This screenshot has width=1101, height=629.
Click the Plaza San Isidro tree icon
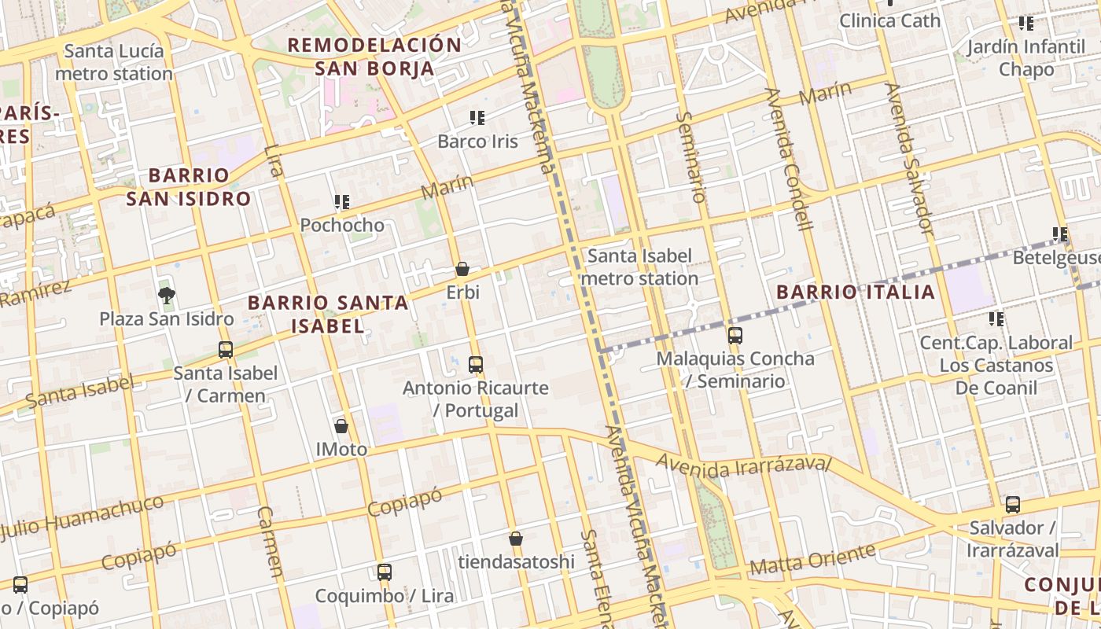point(166,296)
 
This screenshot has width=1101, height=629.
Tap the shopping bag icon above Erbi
point(462,269)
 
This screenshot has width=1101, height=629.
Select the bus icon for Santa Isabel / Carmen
point(226,350)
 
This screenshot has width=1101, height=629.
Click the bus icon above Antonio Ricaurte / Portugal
point(476,365)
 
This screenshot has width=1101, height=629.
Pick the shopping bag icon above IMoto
point(341,426)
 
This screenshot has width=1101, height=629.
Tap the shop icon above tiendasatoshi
point(516,539)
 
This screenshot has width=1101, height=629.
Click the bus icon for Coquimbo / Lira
point(385,572)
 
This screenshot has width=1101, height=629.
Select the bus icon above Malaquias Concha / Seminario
point(735,336)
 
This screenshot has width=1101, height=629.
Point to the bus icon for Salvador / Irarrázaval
point(1013,505)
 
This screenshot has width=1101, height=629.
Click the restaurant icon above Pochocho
point(341,202)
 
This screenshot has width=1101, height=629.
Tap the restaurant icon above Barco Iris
point(477,118)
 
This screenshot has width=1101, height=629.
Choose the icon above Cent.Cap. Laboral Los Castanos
point(996,319)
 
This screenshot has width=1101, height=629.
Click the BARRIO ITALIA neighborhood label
point(856,292)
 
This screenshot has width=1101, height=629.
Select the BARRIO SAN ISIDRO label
point(189,186)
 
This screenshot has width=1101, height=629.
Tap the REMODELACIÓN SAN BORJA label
point(374,56)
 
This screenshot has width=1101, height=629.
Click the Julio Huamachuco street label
point(83,518)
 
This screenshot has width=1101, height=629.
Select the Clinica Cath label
point(889,20)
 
